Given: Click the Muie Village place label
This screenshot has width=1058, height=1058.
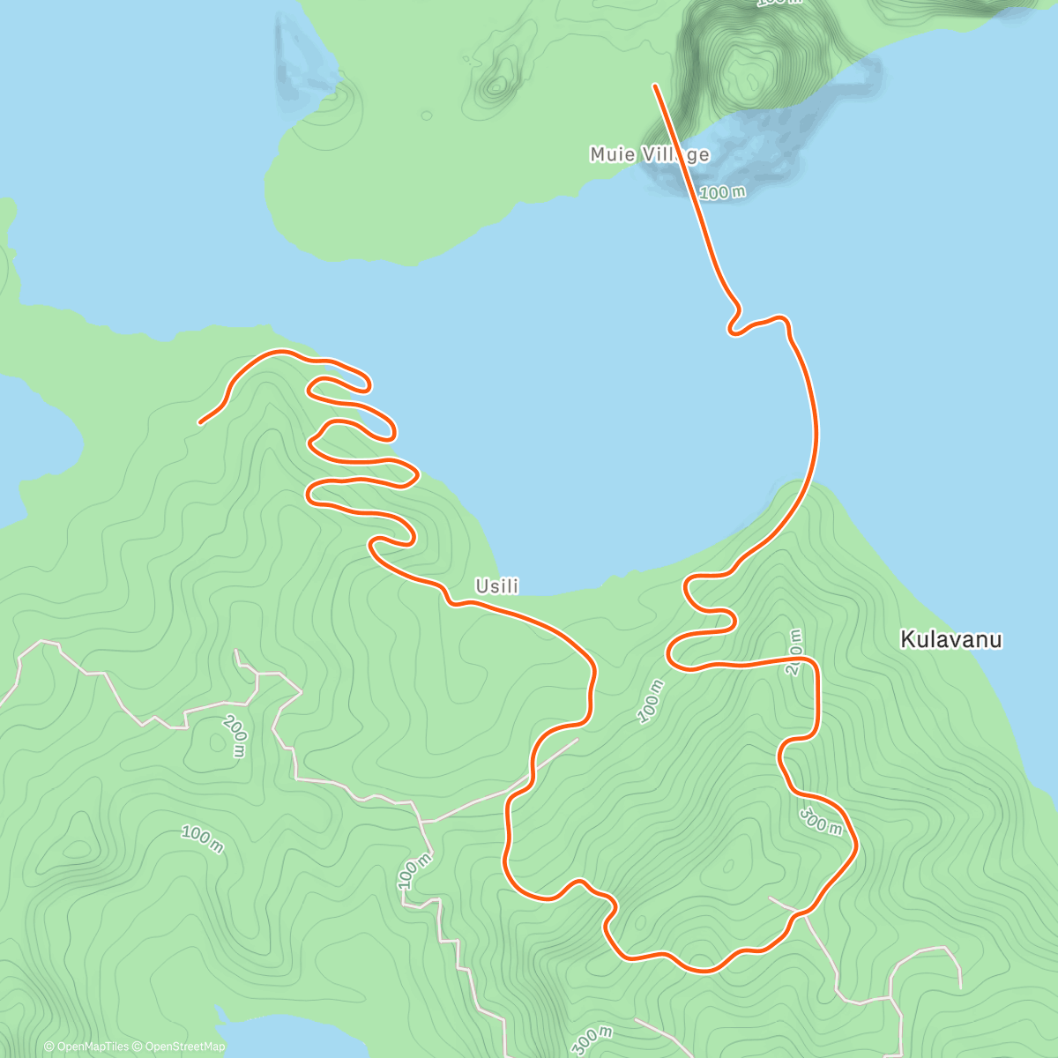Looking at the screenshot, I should point(649,155).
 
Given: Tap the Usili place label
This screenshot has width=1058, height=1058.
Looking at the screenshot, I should point(496,586).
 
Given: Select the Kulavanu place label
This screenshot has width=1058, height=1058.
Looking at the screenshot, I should point(950,640).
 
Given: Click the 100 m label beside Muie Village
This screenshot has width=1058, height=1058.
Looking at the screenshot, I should point(722,191).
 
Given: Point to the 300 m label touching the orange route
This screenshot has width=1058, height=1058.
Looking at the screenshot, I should point(821,820).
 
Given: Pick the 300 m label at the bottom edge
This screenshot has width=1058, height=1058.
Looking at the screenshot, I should point(592,1040).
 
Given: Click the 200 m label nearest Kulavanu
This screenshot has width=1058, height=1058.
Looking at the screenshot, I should point(794,652).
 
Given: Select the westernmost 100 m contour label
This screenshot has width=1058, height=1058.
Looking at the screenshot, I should point(202,838).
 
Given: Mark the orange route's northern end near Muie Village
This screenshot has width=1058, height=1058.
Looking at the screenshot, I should point(654,86).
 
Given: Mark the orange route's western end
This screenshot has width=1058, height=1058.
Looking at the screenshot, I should point(200,423).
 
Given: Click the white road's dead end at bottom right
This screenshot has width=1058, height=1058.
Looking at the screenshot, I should point(959,986).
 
